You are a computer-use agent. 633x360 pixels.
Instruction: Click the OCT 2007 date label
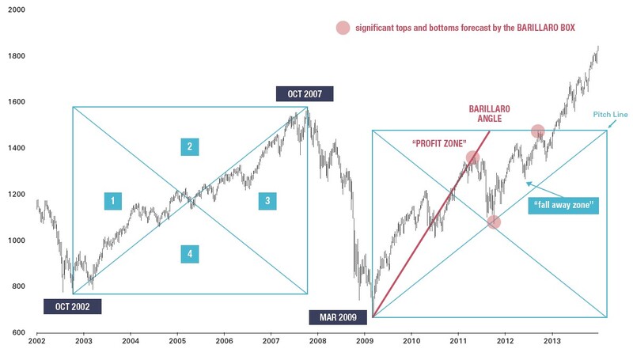coord(305,94)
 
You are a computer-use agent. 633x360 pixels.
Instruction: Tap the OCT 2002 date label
coord(72,307)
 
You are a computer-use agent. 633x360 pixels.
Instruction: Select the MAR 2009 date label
coord(337,319)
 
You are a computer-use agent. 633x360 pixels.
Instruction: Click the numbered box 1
coord(113,202)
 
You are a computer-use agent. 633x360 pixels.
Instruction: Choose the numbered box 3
coord(267,202)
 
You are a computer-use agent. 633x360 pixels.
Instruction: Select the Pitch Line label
coord(609,115)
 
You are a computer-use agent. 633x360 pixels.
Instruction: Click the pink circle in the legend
coord(343,28)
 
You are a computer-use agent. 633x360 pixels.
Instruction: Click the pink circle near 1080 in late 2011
coord(494,222)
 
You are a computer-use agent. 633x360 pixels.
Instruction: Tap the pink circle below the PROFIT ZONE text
coord(472,157)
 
